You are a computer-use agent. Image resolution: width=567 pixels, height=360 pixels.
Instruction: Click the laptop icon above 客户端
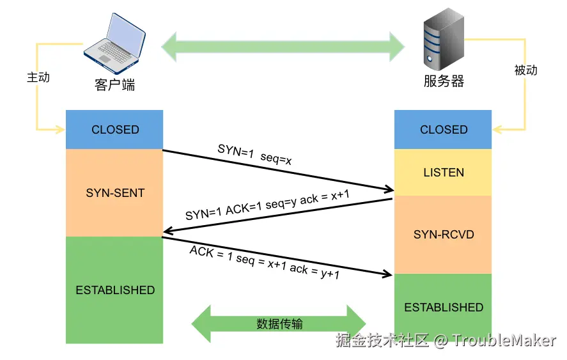(114, 43)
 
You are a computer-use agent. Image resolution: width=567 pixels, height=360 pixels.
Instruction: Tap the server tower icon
(444, 39)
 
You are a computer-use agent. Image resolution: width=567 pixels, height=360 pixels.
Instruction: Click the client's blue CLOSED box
(114, 130)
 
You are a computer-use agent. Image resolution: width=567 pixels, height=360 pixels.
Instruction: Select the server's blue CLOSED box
(443, 130)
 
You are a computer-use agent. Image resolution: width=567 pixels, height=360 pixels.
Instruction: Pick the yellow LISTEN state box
(443, 172)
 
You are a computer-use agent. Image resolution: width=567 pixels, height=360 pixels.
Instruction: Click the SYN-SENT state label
(115, 193)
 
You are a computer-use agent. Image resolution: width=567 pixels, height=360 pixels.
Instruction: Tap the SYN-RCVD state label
(444, 235)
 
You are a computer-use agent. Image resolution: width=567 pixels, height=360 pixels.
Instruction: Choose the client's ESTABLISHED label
(115, 290)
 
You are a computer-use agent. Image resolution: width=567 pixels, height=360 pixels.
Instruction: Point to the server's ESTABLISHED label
(444, 307)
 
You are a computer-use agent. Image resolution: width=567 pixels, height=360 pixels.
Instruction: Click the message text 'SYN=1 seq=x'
(254, 155)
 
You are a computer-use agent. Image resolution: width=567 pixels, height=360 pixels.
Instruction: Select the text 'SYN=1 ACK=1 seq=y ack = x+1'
(268, 205)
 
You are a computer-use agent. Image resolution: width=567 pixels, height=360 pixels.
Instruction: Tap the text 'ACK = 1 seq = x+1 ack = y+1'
(265, 262)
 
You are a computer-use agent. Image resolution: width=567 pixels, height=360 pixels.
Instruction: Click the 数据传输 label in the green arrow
(279, 324)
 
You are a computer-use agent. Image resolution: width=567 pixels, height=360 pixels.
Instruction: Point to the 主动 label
(38, 77)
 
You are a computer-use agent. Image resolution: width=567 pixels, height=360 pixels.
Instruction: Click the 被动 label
(526, 70)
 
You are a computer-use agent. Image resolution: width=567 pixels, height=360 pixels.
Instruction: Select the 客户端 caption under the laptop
(114, 85)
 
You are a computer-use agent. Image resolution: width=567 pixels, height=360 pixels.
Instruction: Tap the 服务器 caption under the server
(444, 81)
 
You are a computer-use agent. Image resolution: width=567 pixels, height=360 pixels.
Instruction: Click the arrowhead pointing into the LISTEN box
(389, 189)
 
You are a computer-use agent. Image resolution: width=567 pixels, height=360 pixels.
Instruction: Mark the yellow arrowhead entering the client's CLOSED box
(60, 129)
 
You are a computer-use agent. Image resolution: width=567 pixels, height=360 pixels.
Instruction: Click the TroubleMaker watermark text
(504, 340)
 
